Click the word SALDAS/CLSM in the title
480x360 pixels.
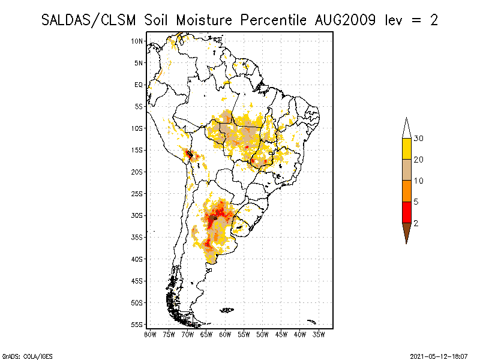(x=90, y=20)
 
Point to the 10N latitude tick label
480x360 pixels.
(x=137, y=41)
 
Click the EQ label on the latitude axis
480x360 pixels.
(x=139, y=85)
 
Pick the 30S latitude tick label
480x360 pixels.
(x=137, y=215)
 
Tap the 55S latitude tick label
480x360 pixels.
(x=137, y=325)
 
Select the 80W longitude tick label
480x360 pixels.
(x=150, y=334)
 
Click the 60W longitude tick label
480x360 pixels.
(x=225, y=334)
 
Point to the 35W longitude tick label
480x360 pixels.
(x=319, y=334)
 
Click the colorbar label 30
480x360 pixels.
(x=419, y=139)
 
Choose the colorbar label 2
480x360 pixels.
(x=415, y=223)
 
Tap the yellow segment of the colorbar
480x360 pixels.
(x=406, y=149)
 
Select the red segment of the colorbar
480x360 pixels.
(x=406, y=212)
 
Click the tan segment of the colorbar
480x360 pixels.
(x=406, y=170)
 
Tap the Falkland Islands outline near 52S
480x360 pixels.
(x=227, y=310)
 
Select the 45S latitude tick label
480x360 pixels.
(x=137, y=281)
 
